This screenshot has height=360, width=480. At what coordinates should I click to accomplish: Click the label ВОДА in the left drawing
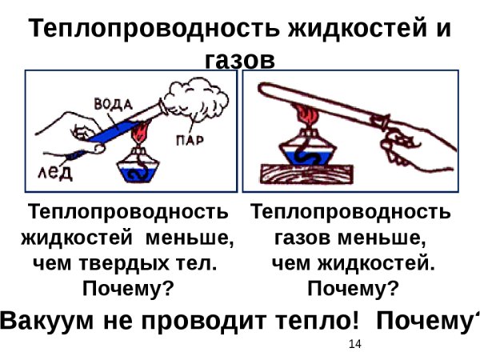[x=113, y=104]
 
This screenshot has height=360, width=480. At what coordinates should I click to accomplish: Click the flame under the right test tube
[x=305, y=116]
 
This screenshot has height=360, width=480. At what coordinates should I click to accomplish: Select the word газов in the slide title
[x=240, y=61]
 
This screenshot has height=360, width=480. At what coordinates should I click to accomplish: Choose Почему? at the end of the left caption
[x=128, y=287]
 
